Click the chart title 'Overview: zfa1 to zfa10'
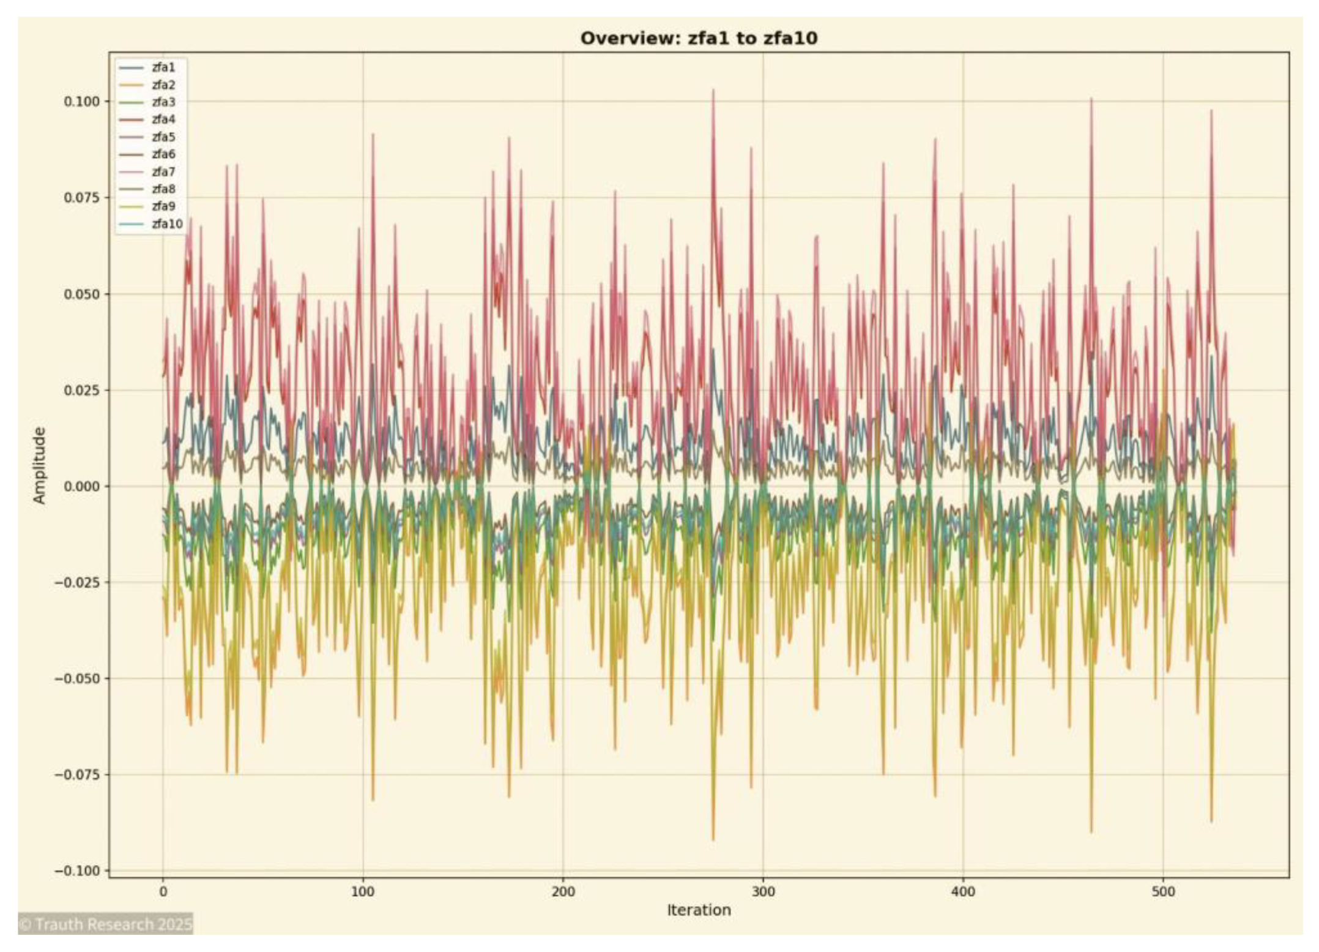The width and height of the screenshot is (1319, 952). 699,38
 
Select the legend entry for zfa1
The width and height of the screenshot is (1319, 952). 163,67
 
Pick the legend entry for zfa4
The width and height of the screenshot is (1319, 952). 163,119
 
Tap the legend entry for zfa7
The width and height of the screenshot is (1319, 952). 163,171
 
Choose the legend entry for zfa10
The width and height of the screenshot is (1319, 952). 166,224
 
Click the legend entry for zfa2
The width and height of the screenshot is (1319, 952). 163,84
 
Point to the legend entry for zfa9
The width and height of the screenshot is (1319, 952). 163,206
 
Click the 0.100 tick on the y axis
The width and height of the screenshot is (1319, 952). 81,101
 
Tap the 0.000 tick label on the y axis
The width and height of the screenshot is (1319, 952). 81,486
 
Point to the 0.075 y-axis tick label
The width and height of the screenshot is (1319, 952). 81,197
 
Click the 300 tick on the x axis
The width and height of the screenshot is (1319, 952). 763,891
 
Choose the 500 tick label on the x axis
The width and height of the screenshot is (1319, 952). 1163,891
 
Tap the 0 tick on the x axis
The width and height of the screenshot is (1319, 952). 163,891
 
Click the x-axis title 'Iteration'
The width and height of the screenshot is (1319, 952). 699,910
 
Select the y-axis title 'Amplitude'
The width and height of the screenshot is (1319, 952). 39,465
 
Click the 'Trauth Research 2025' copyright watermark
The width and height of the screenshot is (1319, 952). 105,924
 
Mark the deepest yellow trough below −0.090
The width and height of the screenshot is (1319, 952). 713,839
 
